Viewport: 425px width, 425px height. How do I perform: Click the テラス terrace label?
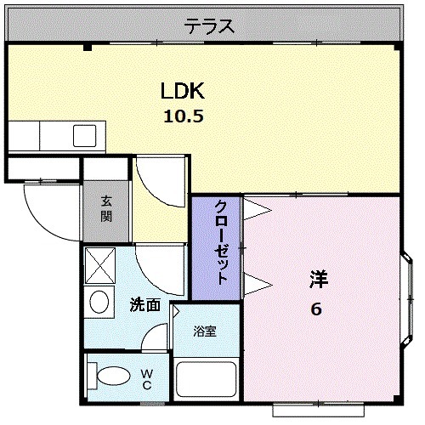click(209, 25)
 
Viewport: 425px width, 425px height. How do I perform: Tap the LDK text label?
click(183, 91)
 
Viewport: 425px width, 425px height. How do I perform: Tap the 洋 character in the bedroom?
click(317, 278)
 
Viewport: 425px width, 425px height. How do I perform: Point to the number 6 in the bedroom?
click(316, 309)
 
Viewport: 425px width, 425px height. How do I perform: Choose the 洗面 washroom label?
click(144, 304)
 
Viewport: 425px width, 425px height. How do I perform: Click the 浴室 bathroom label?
click(206, 331)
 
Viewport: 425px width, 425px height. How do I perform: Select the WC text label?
click(146, 378)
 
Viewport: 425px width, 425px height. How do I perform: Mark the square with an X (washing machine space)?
click(100, 265)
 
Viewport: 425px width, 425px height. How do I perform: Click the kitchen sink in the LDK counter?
click(86, 135)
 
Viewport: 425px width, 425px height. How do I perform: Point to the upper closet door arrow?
click(258, 207)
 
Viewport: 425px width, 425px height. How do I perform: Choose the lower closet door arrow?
click(258, 280)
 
